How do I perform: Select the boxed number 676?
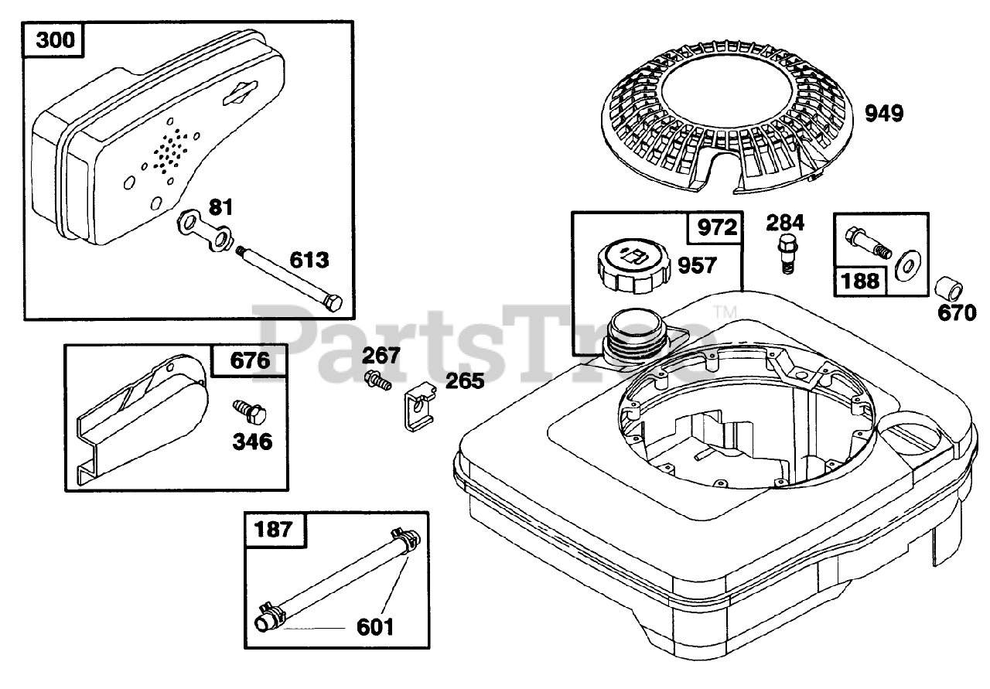(240, 361)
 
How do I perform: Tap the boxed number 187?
(274, 530)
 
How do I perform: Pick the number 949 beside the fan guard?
(884, 114)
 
